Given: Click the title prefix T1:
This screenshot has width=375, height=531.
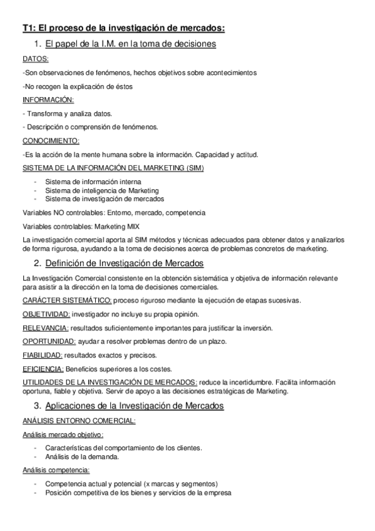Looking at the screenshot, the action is click(29, 28).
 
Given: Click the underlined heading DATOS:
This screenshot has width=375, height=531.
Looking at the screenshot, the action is click(35, 59).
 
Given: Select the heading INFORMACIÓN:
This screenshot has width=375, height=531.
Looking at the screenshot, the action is click(48, 100).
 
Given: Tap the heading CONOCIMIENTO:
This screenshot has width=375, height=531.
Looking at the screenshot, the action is click(50, 140).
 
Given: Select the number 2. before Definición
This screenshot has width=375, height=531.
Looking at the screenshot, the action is click(38, 262).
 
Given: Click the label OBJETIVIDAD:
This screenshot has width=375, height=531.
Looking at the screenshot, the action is click(46, 314).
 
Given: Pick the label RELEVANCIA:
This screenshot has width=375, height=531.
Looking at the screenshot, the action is click(45, 327).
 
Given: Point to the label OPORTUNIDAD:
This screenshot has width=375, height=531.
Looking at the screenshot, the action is click(49, 341).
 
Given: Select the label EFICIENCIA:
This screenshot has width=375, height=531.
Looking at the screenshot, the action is click(43, 368).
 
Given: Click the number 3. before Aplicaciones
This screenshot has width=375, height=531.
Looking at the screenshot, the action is click(38, 406).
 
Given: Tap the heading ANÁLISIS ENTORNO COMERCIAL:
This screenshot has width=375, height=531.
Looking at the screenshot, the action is click(78, 421).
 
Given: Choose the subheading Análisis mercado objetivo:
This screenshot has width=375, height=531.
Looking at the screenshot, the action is click(63, 435).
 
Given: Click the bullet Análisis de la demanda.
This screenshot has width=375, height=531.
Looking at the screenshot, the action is click(82, 456).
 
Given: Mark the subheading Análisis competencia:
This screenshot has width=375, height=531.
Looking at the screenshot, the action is click(56, 470).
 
